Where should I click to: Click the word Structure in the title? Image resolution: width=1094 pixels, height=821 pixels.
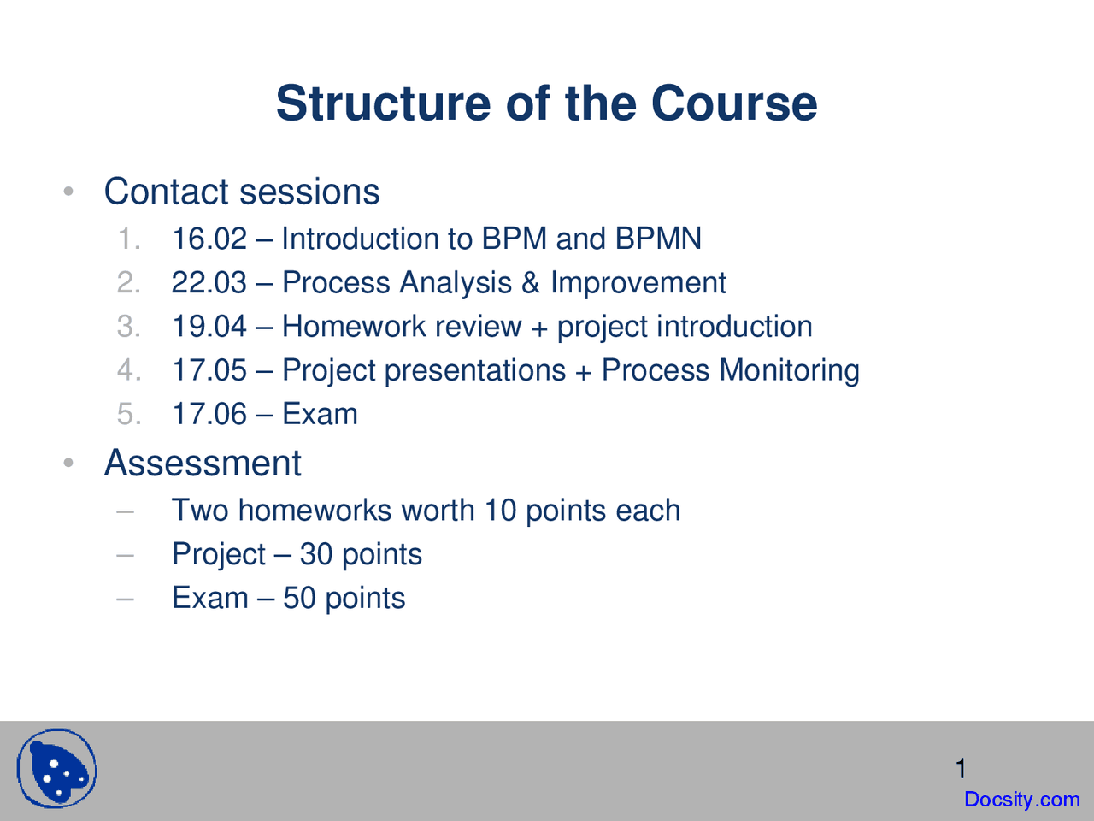pos(384,103)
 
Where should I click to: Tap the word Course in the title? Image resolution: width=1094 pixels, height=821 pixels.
pos(734,103)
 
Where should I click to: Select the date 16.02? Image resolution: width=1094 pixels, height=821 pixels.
pos(209,239)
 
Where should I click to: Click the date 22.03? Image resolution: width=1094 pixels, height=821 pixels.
pos(209,282)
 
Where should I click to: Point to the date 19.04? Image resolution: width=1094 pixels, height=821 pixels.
pos(209,326)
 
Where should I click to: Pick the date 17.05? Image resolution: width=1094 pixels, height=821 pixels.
pos(209,369)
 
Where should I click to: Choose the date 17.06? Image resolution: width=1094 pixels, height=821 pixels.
pos(209,414)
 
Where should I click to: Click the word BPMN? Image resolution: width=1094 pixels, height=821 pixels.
pos(658,239)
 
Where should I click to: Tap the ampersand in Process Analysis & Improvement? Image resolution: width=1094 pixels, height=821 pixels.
pos(531,282)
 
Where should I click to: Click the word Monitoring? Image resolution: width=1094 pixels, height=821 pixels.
pos(790,371)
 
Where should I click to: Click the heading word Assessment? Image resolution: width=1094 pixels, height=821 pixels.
pos(203,463)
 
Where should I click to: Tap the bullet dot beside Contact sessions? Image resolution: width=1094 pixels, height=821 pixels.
pos(68,191)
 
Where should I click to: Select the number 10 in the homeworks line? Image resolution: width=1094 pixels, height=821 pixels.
pos(500,510)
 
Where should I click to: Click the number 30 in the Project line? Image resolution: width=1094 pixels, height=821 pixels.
pos(316,554)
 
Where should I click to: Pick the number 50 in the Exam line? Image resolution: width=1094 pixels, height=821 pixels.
pos(299,598)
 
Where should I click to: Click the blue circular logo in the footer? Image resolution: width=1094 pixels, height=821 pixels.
pos(56,768)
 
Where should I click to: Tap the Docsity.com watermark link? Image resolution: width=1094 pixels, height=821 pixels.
pos(1021,800)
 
